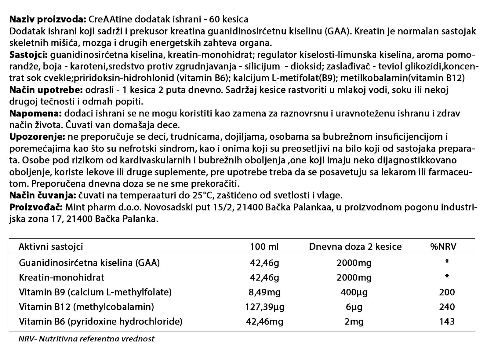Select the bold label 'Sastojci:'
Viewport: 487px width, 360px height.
(x=28, y=55)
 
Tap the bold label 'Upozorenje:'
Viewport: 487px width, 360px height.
(x=37, y=137)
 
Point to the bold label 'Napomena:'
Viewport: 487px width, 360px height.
(x=36, y=114)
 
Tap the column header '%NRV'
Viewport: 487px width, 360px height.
(x=443, y=247)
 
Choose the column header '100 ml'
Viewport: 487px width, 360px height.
(x=264, y=247)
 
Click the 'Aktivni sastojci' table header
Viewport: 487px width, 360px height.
(x=51, y=247)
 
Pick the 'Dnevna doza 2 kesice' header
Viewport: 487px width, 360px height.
(x=355, y=247)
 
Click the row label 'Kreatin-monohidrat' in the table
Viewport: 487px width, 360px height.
(x=61, y=277)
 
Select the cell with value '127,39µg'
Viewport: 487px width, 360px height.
(x=265, y=307)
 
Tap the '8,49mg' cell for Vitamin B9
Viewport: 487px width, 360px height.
(x=265, y=292)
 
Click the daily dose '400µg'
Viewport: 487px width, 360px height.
(x=354, y=292)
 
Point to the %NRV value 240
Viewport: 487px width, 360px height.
(x=447, y=307)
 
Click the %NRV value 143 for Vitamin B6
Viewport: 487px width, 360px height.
(x=447, y=321)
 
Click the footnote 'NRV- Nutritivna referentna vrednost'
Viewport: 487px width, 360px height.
(x=86, y=339)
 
